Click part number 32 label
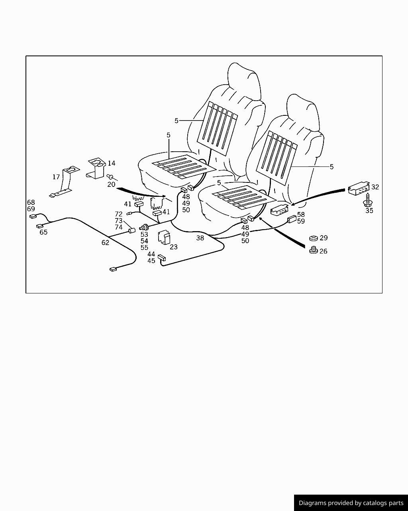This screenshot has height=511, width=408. (375, 187)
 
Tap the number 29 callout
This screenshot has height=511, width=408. (324, 238)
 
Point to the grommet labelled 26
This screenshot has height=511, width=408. (314, 251)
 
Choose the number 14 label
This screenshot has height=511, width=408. (111, 163)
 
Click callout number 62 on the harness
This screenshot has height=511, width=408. (105, 242)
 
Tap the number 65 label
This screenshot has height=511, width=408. (43, 232)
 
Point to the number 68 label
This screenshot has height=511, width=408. (31, 202)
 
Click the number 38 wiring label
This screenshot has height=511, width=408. (200, 238)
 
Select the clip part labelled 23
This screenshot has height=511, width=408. (164, 237)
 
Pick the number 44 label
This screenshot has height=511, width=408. (151, 254)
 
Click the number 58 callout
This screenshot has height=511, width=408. (301, 215)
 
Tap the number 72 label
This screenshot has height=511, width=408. (119, 214)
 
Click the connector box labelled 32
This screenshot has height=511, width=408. (358, 188)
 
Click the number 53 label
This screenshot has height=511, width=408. (144, 235)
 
